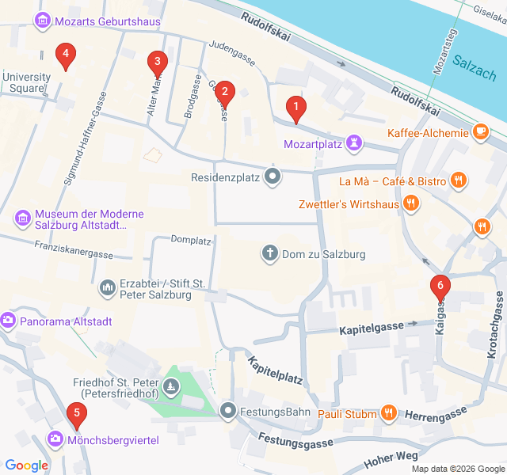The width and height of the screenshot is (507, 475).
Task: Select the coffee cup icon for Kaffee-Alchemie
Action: coord(480,132)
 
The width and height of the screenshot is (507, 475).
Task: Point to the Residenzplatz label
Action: coord(226,177)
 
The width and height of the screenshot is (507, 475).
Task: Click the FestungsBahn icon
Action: coord(229,410)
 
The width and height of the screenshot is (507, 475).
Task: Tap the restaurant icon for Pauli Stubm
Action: coord(387,412)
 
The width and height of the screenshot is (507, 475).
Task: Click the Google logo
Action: coord(26,465)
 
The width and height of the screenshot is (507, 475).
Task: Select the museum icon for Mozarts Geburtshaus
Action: coord(44,21)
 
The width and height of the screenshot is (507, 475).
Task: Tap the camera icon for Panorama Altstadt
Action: coord(9,321)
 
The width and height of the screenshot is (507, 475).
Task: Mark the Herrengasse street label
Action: coord(435,415)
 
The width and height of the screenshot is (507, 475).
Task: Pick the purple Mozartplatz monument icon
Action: coord(355,143)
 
